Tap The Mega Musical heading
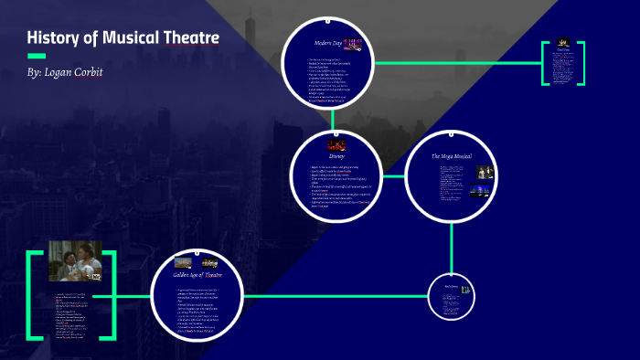(451, 157)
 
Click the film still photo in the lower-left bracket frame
(75, 260)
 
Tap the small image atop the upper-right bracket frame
(562, 44)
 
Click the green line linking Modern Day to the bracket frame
(457, 63)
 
